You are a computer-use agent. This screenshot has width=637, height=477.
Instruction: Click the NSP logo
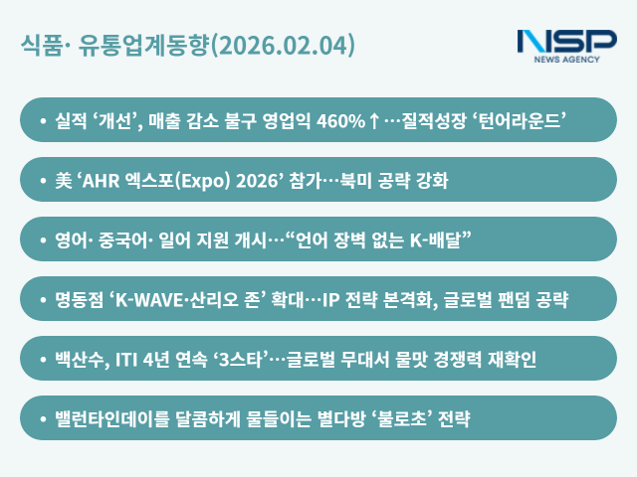pos(566,45)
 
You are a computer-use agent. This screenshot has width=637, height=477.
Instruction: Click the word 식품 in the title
pos(41,46)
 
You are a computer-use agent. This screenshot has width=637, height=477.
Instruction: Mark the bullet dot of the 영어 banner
pos(43,240)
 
